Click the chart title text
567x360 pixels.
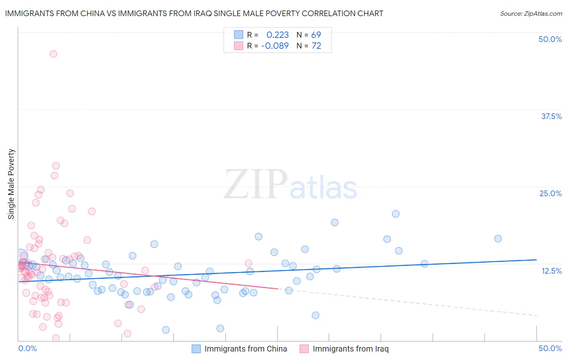(x=194, y=13)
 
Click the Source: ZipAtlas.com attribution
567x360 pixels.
(x=531, y=13)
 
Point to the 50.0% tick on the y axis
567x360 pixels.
(x=550, y=39)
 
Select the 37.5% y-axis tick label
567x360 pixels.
(x=551, y=116)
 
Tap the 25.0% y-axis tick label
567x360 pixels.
(x=550, y=193)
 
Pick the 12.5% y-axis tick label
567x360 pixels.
(x=551, y=270)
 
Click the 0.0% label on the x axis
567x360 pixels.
(x=27, y=348)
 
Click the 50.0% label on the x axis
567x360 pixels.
(x=550, y=348)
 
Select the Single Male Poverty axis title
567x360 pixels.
(x=11, y=184)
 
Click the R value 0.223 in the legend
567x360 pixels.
(x=277, y=35)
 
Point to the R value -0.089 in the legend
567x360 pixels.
(x=275, y=46)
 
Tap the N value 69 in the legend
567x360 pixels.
(x=316, y=35)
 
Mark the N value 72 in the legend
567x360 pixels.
(x=316, y=46)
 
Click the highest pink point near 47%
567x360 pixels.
(x=53, y=54)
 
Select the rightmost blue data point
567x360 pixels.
(x=498, y=239)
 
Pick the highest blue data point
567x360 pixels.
(x=396, y=214)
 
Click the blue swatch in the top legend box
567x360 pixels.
(x=239, y=35)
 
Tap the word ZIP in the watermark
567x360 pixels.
(x=255, y=184)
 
